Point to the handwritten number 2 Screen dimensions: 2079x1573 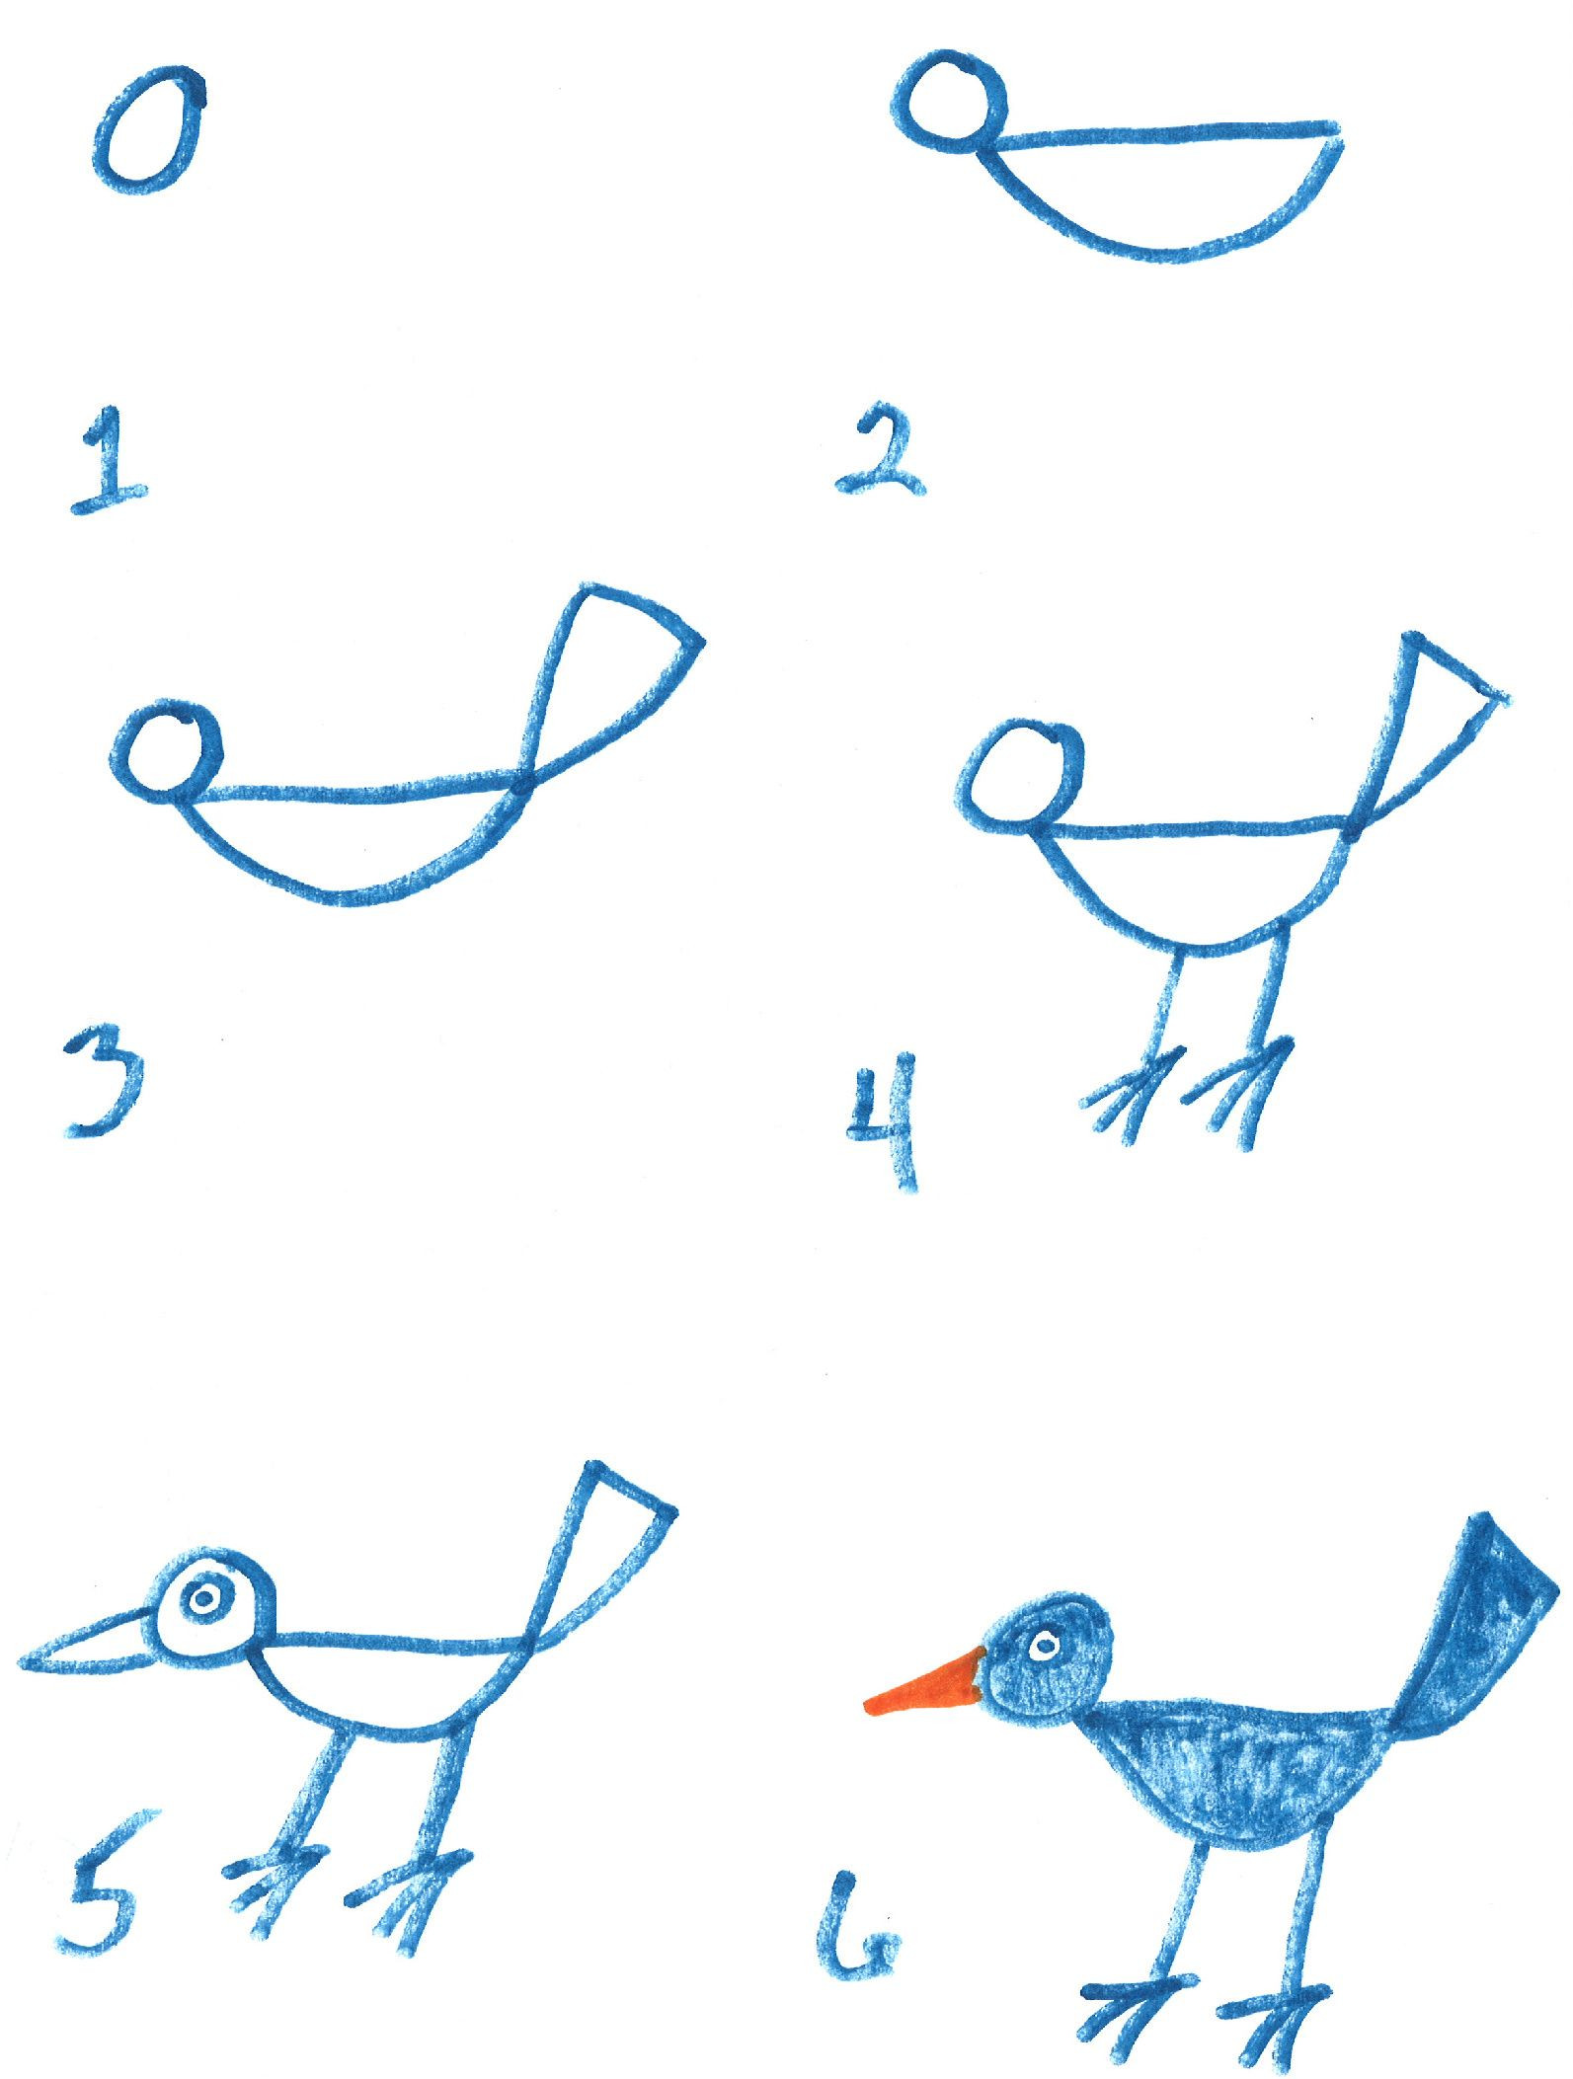pos(882,455)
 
